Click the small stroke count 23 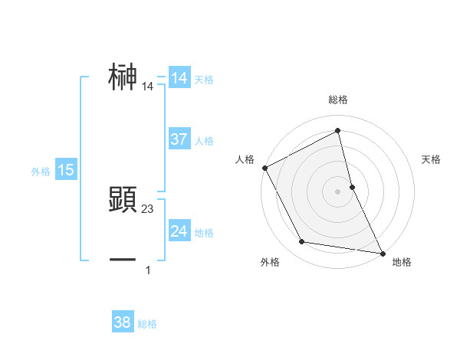[148, 209]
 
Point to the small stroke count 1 [148, 270]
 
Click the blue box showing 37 [179, 139]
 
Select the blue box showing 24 [179, 231]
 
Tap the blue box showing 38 [123, 322]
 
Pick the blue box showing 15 [66, 170]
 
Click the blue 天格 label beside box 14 [204, 80]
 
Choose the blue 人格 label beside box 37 [204, 141]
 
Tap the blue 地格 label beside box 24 [204, 233]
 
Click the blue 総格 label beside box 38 [147, 324]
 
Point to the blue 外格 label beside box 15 [41, 172]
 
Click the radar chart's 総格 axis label [338, 100]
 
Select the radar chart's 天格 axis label [432, 159]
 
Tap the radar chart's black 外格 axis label [270, 262]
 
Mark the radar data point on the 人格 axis [264, 168]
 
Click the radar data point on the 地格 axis [382, 252]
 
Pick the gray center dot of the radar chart [338, 191]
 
